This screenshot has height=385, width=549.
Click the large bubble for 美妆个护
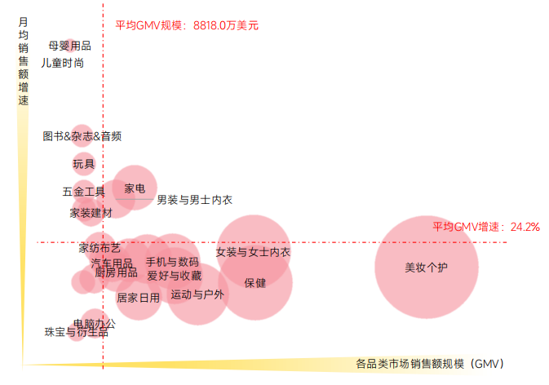(x=427, y=267)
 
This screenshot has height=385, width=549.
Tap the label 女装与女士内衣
(x=253, y=252)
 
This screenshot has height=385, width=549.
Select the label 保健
(x=255, y=283)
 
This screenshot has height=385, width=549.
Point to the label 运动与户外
(x=197, y=294)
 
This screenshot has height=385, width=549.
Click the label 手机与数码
(x=172, y=262)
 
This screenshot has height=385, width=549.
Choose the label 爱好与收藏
(x=174, y=276)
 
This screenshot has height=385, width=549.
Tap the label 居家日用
(x=138, y=298)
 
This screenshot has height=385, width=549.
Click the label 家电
(x=135, y=188)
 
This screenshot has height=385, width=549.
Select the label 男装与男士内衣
(x=194, y=200)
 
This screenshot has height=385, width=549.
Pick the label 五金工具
(x=83, y=192)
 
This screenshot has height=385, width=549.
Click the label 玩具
(x=83, y=164)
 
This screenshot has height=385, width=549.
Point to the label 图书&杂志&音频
(x=82, y=136)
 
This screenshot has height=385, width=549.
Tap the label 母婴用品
(x=69, y=46)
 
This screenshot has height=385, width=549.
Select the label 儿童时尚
(x=62, y=62)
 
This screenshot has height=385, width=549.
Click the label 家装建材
(x=91, y=213)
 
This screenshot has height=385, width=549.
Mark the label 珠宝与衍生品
(x=76, y=332)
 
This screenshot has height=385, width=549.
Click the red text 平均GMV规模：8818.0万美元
(x=187, y=25)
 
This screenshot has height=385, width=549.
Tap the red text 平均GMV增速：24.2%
(x=485, y=226)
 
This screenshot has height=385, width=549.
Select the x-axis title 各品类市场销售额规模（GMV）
(x=430, y=363)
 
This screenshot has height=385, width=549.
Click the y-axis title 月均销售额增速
(x=23, y=62)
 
